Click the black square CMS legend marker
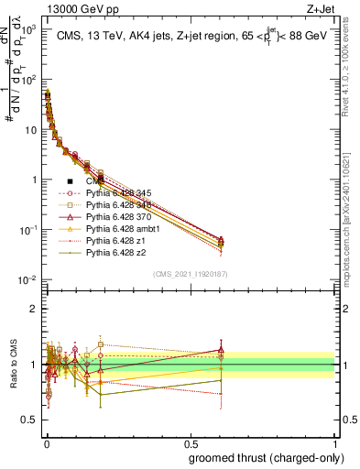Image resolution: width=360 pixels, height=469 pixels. (x=70, y=181)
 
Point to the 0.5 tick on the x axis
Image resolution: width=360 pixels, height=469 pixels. (x=190, y=442)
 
